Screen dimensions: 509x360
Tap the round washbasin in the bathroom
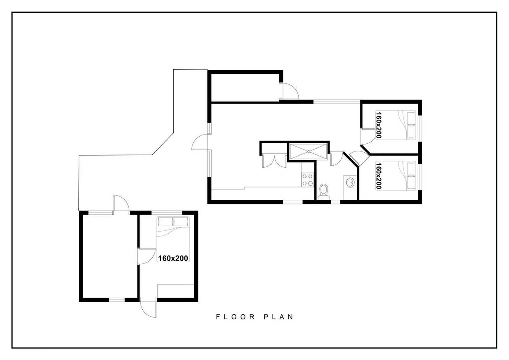350,182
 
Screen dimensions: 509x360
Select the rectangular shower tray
308,152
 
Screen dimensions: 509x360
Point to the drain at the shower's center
309,152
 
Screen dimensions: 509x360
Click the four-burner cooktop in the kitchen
307,180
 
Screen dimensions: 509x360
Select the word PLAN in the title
278,317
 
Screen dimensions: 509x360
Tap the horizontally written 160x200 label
173,258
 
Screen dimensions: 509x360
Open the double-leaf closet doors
274,161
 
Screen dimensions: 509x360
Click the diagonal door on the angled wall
359,157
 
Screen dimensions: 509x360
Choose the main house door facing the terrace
200,142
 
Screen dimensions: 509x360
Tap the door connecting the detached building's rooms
146,256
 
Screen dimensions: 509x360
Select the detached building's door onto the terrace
121,203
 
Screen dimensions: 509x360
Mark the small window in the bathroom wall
335,202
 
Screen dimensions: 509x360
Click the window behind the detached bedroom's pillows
167,213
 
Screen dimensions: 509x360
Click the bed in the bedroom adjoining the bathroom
396,176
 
